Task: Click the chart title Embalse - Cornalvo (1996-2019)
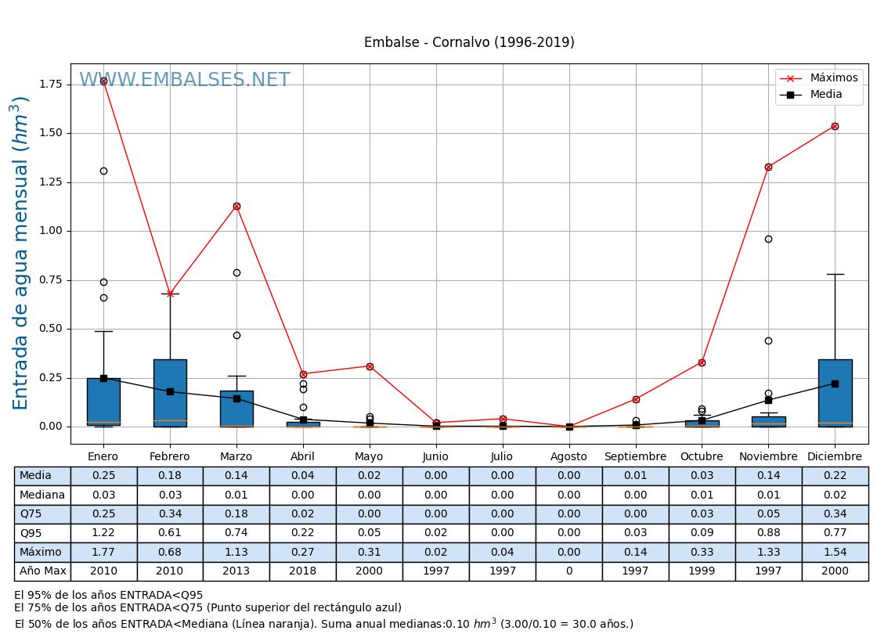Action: pos(469,42)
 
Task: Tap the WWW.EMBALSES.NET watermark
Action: pos(185,81)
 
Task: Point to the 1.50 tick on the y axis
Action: pos(51,133)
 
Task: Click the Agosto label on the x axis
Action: pos(568,456)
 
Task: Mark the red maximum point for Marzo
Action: pos(236,206)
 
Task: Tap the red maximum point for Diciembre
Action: pos(835,126)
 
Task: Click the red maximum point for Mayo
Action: pos(370,366)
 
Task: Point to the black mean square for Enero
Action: pos(103,378)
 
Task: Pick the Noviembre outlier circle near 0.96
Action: pos(768,239)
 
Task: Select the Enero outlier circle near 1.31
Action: pos(103,171)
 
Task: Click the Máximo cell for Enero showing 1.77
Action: pos(103,553)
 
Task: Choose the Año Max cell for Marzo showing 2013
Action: pos(236,571)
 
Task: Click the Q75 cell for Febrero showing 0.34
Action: pos(170,514)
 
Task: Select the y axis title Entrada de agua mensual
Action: pos(21,253)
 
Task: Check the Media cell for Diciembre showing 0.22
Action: pos(835,476)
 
